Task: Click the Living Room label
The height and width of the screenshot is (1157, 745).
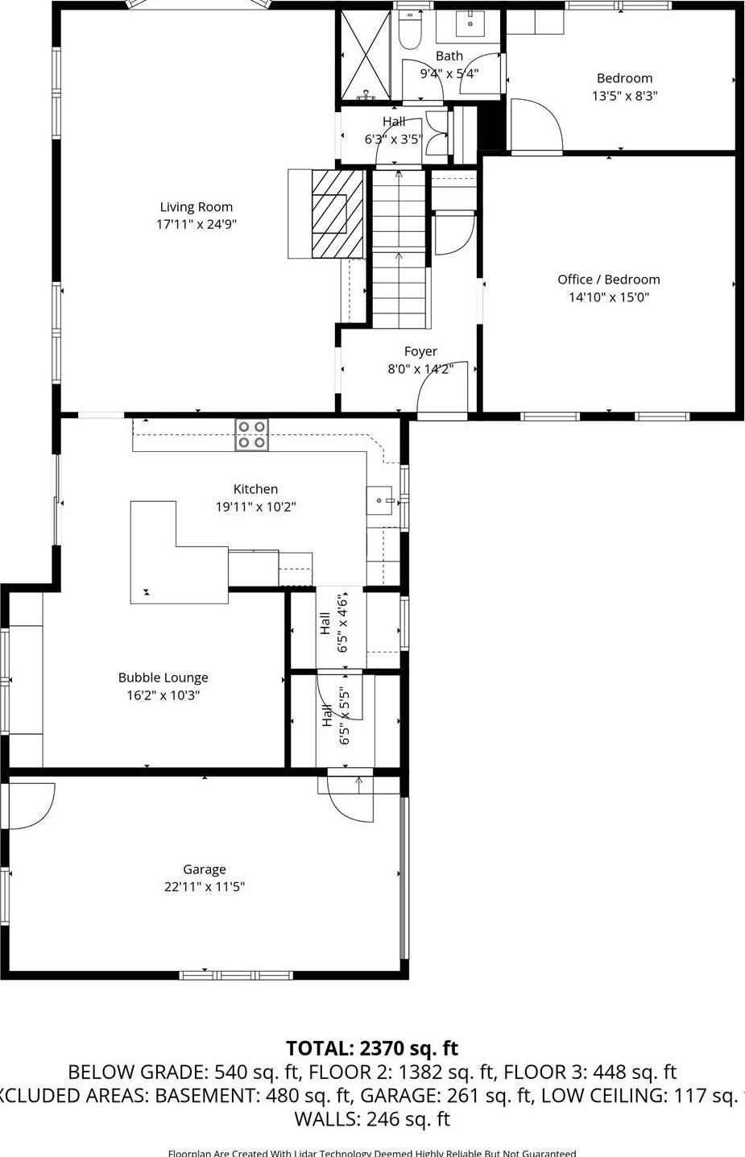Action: (196, 207)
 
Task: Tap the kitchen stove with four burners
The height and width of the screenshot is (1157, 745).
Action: (251, 434)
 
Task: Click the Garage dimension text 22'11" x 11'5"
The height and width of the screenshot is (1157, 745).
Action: (204, 887)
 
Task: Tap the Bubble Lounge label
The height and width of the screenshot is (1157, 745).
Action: (163, 678)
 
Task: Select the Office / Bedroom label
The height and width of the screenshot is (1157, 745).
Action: (608, 280)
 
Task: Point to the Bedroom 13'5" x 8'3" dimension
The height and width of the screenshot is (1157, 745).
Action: (624, 96)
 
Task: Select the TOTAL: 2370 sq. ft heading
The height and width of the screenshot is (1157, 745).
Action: (371, 1048)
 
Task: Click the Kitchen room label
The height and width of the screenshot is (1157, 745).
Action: (255, 489)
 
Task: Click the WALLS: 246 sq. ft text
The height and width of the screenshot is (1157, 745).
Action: (371, 1119)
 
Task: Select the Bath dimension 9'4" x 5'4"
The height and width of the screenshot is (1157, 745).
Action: (449, 73)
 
